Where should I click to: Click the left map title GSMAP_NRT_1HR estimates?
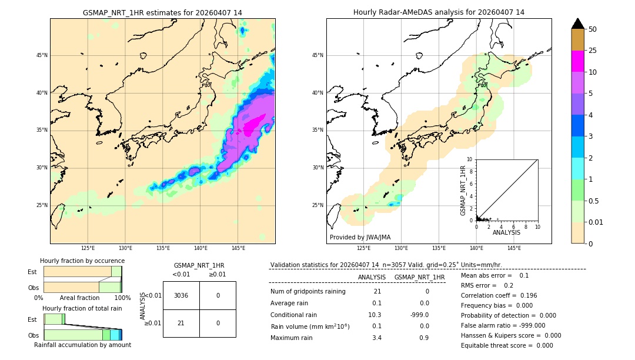pos(162,12)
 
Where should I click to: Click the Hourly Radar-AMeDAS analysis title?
pos(439,12)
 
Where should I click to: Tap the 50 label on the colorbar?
pos(593,29)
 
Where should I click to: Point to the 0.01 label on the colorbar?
pos(596,222)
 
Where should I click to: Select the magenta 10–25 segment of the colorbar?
pos(577,61)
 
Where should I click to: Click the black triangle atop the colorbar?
pos(577,24)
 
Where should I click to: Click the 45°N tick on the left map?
pos(42,55)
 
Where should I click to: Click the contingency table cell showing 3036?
pos(181,295)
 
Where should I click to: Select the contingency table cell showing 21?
pos(181,323)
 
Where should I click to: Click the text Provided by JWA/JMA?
pos(360,237)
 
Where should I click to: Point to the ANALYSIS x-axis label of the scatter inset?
pos(506,232)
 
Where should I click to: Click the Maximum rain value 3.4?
pos(376,338)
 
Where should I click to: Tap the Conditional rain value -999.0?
pos(419,315)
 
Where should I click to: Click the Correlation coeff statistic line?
pos(499,295)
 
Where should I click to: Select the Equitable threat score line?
pos(507,345)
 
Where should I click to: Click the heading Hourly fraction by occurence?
pos(82,261)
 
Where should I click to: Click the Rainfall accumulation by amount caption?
pos(82,345)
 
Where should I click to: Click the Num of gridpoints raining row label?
pos(308,291)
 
